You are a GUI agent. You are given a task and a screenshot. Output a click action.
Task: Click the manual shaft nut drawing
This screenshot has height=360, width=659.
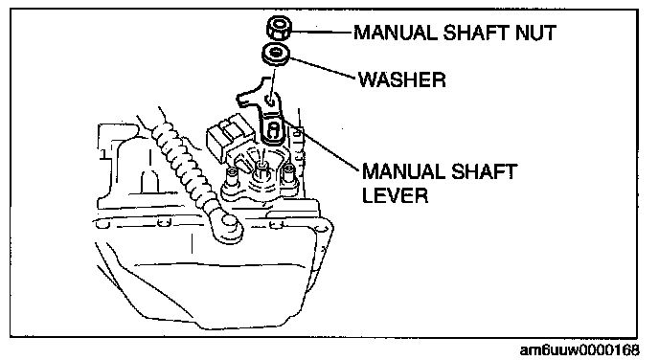click(x=279, y=29)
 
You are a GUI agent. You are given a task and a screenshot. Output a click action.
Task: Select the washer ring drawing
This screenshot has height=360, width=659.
click(x=275, y=55)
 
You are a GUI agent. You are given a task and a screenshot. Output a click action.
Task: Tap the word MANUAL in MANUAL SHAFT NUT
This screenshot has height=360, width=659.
click(x=395, y=33)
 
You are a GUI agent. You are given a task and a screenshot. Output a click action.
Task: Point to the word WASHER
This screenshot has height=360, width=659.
click(x=401, y=79)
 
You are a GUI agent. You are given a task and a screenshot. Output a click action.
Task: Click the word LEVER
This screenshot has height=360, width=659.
click(x=395, y=195)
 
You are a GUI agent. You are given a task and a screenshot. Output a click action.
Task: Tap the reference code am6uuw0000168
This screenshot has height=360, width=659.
click(x=580, y=349)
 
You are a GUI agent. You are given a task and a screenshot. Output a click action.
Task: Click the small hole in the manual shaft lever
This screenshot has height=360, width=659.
click(x=269, y=100)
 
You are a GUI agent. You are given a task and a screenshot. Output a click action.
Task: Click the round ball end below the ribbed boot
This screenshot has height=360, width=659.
click(x=227, y=229)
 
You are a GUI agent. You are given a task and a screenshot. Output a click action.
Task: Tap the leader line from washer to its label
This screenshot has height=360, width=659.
click(x=323, y=68)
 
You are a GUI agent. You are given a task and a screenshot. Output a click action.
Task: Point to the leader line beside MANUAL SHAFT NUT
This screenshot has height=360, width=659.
click(x=322, y=31)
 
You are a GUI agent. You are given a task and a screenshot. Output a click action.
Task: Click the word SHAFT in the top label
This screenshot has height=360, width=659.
click(x=475, y=33)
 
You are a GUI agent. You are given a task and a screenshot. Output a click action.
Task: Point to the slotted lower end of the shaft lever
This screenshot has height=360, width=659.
click(x=272, y=130)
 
